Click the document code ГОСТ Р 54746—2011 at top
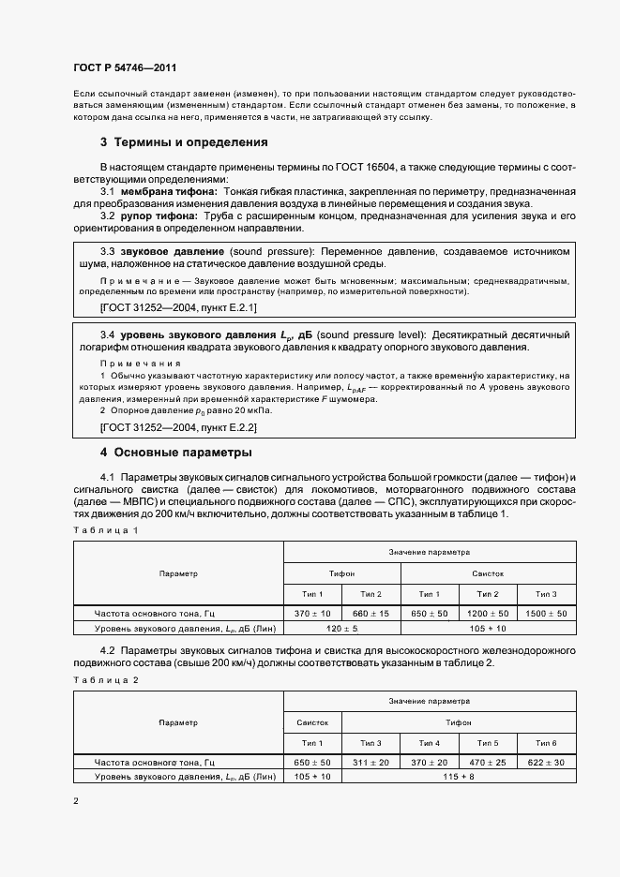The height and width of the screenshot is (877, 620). click(125, 68)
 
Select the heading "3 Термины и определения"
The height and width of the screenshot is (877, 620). click(184, 142)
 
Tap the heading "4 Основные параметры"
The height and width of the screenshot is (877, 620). click(175, 452)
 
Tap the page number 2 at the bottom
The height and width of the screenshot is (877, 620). click(75, 801)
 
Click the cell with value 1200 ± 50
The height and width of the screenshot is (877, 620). click(489, 613)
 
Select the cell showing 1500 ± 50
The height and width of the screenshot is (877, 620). click(547, 613)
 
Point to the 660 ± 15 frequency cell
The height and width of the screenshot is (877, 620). click(371, 613)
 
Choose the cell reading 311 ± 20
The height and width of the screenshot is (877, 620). click(372, 762)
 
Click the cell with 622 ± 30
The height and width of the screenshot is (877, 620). click(547, 762)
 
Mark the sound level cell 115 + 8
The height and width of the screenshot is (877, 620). click(460, 777)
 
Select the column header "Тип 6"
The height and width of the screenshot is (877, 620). click(547, 743)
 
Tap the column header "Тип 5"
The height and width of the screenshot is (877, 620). click(489, 743)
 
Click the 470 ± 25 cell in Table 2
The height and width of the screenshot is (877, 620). click(489, 762)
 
